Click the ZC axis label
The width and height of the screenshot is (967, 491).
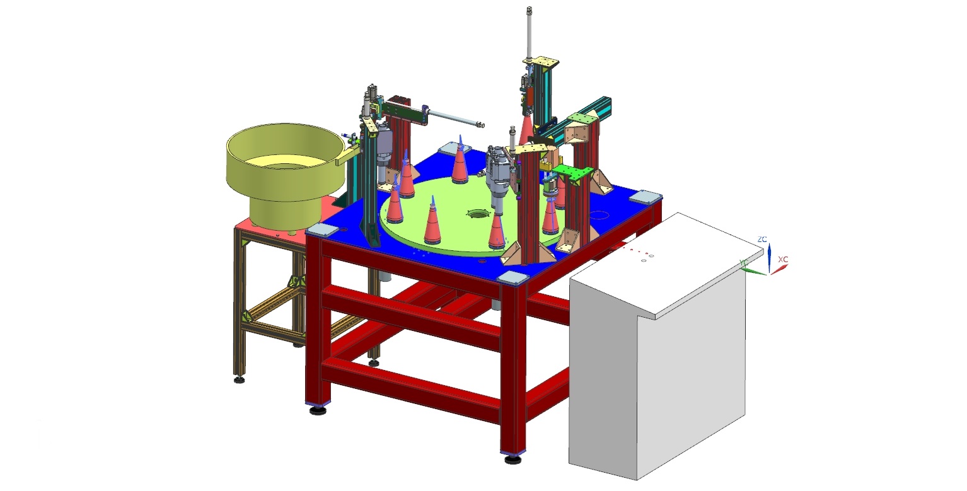762,239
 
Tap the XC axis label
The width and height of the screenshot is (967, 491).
783,259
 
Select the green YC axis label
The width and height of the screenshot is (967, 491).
743,263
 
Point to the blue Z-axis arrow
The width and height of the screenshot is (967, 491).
769,258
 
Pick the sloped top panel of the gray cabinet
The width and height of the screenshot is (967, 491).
668,264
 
